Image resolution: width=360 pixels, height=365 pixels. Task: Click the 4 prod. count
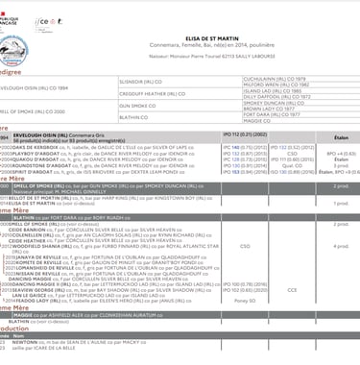(x=340, y=246)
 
